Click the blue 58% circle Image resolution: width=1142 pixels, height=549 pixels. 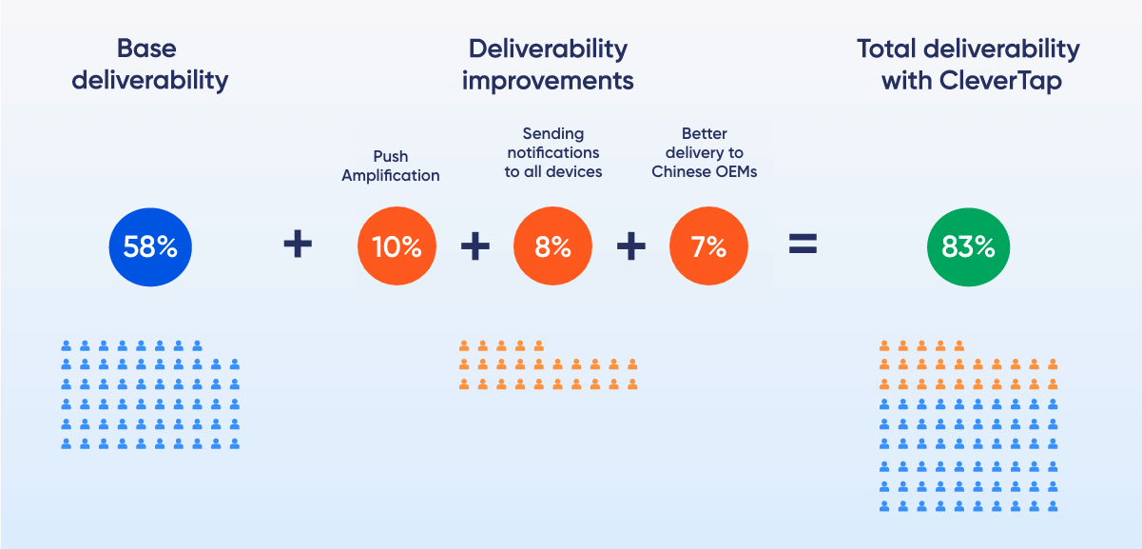coord(150,247)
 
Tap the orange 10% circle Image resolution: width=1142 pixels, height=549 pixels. coord(397,245)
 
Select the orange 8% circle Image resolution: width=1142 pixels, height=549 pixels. coord(552,245)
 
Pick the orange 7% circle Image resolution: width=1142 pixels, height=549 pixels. coord(708,245)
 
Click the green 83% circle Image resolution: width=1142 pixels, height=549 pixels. coord(968,247)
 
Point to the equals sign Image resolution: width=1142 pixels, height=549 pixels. coord(803,244)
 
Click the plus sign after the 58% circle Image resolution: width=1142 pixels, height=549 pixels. coord(298,244)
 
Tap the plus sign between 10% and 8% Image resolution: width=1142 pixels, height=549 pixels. coord(475,245)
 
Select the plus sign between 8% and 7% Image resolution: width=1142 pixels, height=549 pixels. coord(631,245)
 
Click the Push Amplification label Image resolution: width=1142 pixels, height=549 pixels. coord(391,166)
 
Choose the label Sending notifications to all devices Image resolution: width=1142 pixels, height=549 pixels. coord(553,152)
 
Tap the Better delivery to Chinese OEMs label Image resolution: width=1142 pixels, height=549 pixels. coord(704,152)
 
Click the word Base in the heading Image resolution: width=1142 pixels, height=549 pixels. coord(146,49)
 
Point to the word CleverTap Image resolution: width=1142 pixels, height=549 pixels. coord(1000,81)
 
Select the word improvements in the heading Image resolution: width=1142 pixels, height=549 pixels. coord(548,81)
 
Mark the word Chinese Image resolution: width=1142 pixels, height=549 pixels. coord(680,172)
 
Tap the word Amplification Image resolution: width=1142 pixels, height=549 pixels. coord(391,175)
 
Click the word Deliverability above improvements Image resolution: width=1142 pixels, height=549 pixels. coord(548,49)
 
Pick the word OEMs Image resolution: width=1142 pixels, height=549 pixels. coord(736,172)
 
